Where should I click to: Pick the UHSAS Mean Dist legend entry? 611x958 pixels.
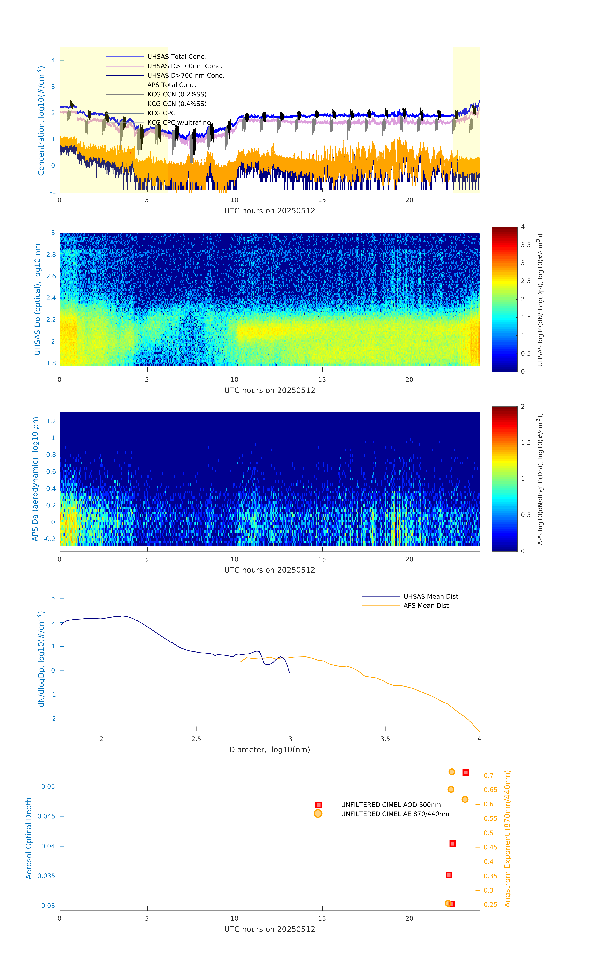pos(431,596)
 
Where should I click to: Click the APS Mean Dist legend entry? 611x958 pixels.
pos(426,605)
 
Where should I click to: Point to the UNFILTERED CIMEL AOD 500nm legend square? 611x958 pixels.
pos(318,805)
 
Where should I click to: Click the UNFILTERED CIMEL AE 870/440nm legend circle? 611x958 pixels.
pos(318,814)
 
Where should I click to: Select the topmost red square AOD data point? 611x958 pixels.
pos(465,772)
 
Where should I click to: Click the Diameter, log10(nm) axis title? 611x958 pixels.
pos(269,749)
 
